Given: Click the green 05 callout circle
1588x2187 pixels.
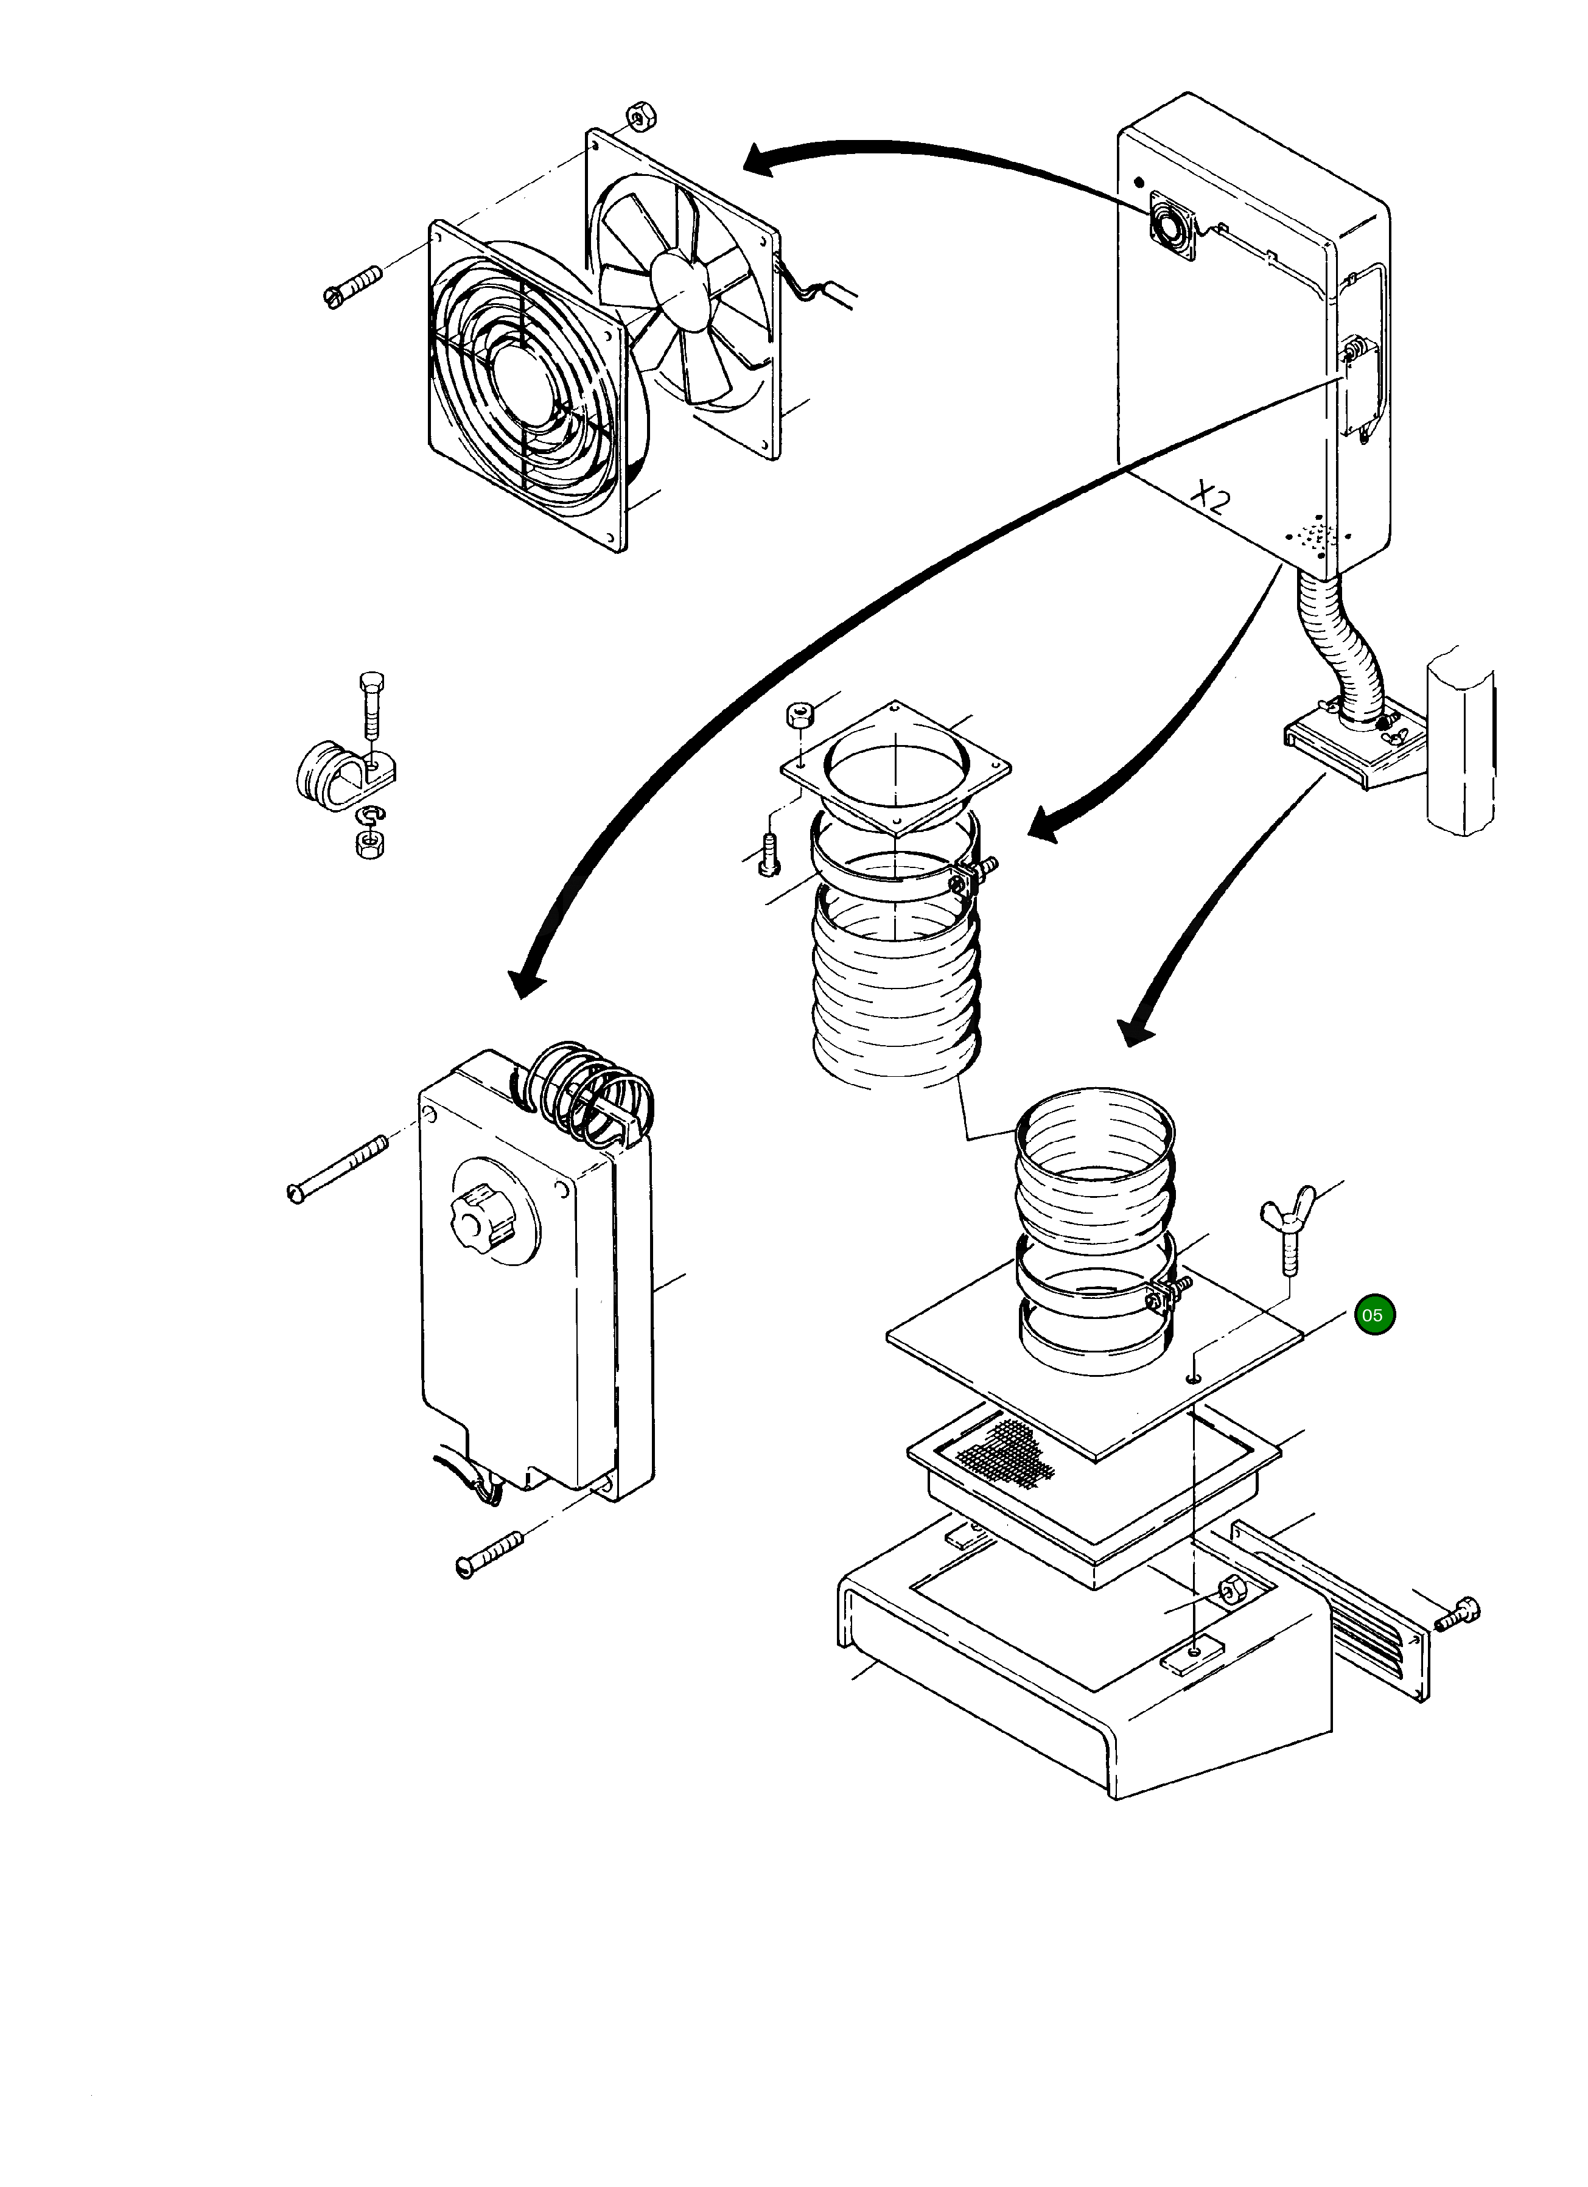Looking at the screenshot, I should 1374,1315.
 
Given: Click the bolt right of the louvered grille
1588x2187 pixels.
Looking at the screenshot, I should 1457,1614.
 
